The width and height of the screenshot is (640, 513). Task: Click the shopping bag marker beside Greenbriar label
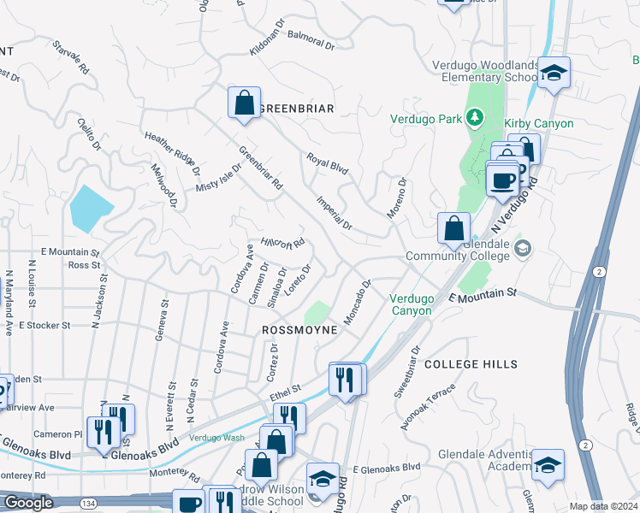pos(244,103)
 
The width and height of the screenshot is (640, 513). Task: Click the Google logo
pos(28,503)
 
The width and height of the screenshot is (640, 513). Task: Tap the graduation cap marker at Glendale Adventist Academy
pos(548,465)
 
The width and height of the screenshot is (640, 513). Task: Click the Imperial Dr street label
pos(335,213)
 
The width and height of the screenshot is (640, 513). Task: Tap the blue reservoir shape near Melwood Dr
pos(91,206)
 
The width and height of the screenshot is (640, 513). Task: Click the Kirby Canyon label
pos(539,124)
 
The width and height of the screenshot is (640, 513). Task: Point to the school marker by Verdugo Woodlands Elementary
pos(554,75)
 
